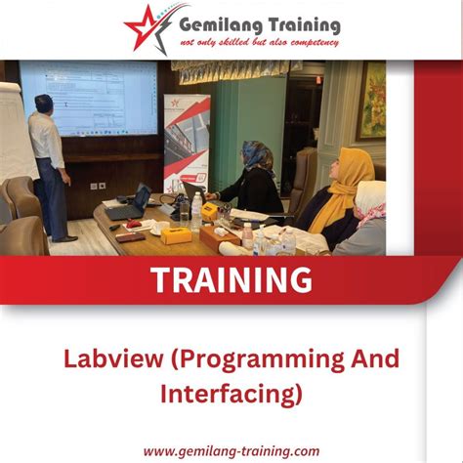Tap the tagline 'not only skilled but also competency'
click(259, 43)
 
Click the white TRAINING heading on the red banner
click(231, 279)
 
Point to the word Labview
click(106, 358)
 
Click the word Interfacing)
click(231, 395)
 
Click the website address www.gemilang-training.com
click(231, 450)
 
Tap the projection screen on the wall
click(89, 98)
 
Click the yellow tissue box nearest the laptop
click(176, 234)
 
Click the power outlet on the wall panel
click(98, 186)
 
